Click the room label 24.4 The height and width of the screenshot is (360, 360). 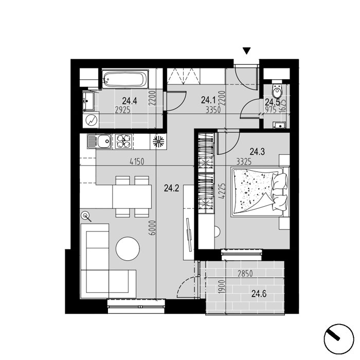pos(130,101)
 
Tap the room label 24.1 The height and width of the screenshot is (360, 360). pos(208,100)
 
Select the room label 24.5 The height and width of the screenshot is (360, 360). pos(272,102)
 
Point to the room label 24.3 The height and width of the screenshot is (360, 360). pos(257,152)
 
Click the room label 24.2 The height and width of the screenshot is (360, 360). pos(171,189)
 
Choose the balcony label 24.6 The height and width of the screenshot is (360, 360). pos(259,294)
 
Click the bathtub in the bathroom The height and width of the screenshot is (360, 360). pos(125,79)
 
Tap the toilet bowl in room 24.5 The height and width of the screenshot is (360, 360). pos(277,91)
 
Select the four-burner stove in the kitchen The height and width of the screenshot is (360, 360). pos(124,141)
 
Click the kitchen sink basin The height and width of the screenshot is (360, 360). pos(104,141)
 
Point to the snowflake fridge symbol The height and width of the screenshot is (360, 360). pos(158,141)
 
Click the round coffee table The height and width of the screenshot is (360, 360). pos(128,248)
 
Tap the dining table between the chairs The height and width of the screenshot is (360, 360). pos(132,196)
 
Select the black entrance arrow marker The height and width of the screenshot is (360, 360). pos(246,51)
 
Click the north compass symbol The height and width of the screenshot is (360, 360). pos(338,339)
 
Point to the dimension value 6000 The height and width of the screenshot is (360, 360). pos(152,228)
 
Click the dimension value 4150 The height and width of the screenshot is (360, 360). pos(137,161)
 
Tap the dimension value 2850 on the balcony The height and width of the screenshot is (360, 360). pos(245,274)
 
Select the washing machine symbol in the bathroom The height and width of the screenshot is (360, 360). pos(91,120)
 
